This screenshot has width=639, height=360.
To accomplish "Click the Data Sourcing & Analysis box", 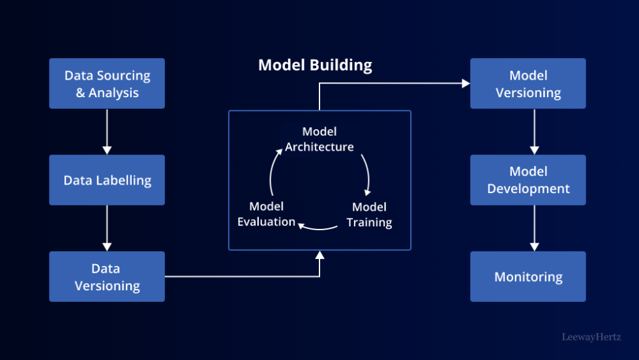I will pos(107,83).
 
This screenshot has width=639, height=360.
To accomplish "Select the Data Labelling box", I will pos(107,180).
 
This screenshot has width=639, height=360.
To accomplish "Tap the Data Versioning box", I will pos(107,277).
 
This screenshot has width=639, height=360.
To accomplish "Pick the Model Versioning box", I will pos(528,83).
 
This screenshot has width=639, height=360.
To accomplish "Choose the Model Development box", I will pos(528,180).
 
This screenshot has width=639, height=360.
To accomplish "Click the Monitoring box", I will pos(528,277).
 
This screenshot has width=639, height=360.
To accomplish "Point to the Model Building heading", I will pos(315,65).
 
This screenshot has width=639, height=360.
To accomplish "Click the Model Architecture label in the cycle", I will pos(319,140).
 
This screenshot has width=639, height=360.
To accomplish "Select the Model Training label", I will pos(369,215).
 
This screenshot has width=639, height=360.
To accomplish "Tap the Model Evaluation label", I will pos(266,215).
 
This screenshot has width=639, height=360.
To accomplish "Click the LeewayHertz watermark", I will pos(592,337).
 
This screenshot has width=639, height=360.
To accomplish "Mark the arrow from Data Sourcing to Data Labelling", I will pos(107,131).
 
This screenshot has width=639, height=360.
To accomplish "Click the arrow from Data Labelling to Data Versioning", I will pos(107,228).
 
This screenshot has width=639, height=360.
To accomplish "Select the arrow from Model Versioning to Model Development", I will pos(535,131).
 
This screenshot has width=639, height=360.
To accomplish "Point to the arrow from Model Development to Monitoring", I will pos(535,228).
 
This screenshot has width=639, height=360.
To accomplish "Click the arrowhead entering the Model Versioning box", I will pos(466,83).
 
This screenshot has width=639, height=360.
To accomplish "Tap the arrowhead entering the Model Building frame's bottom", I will pos(319,255).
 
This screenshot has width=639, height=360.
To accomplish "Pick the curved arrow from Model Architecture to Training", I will pos(366,175).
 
